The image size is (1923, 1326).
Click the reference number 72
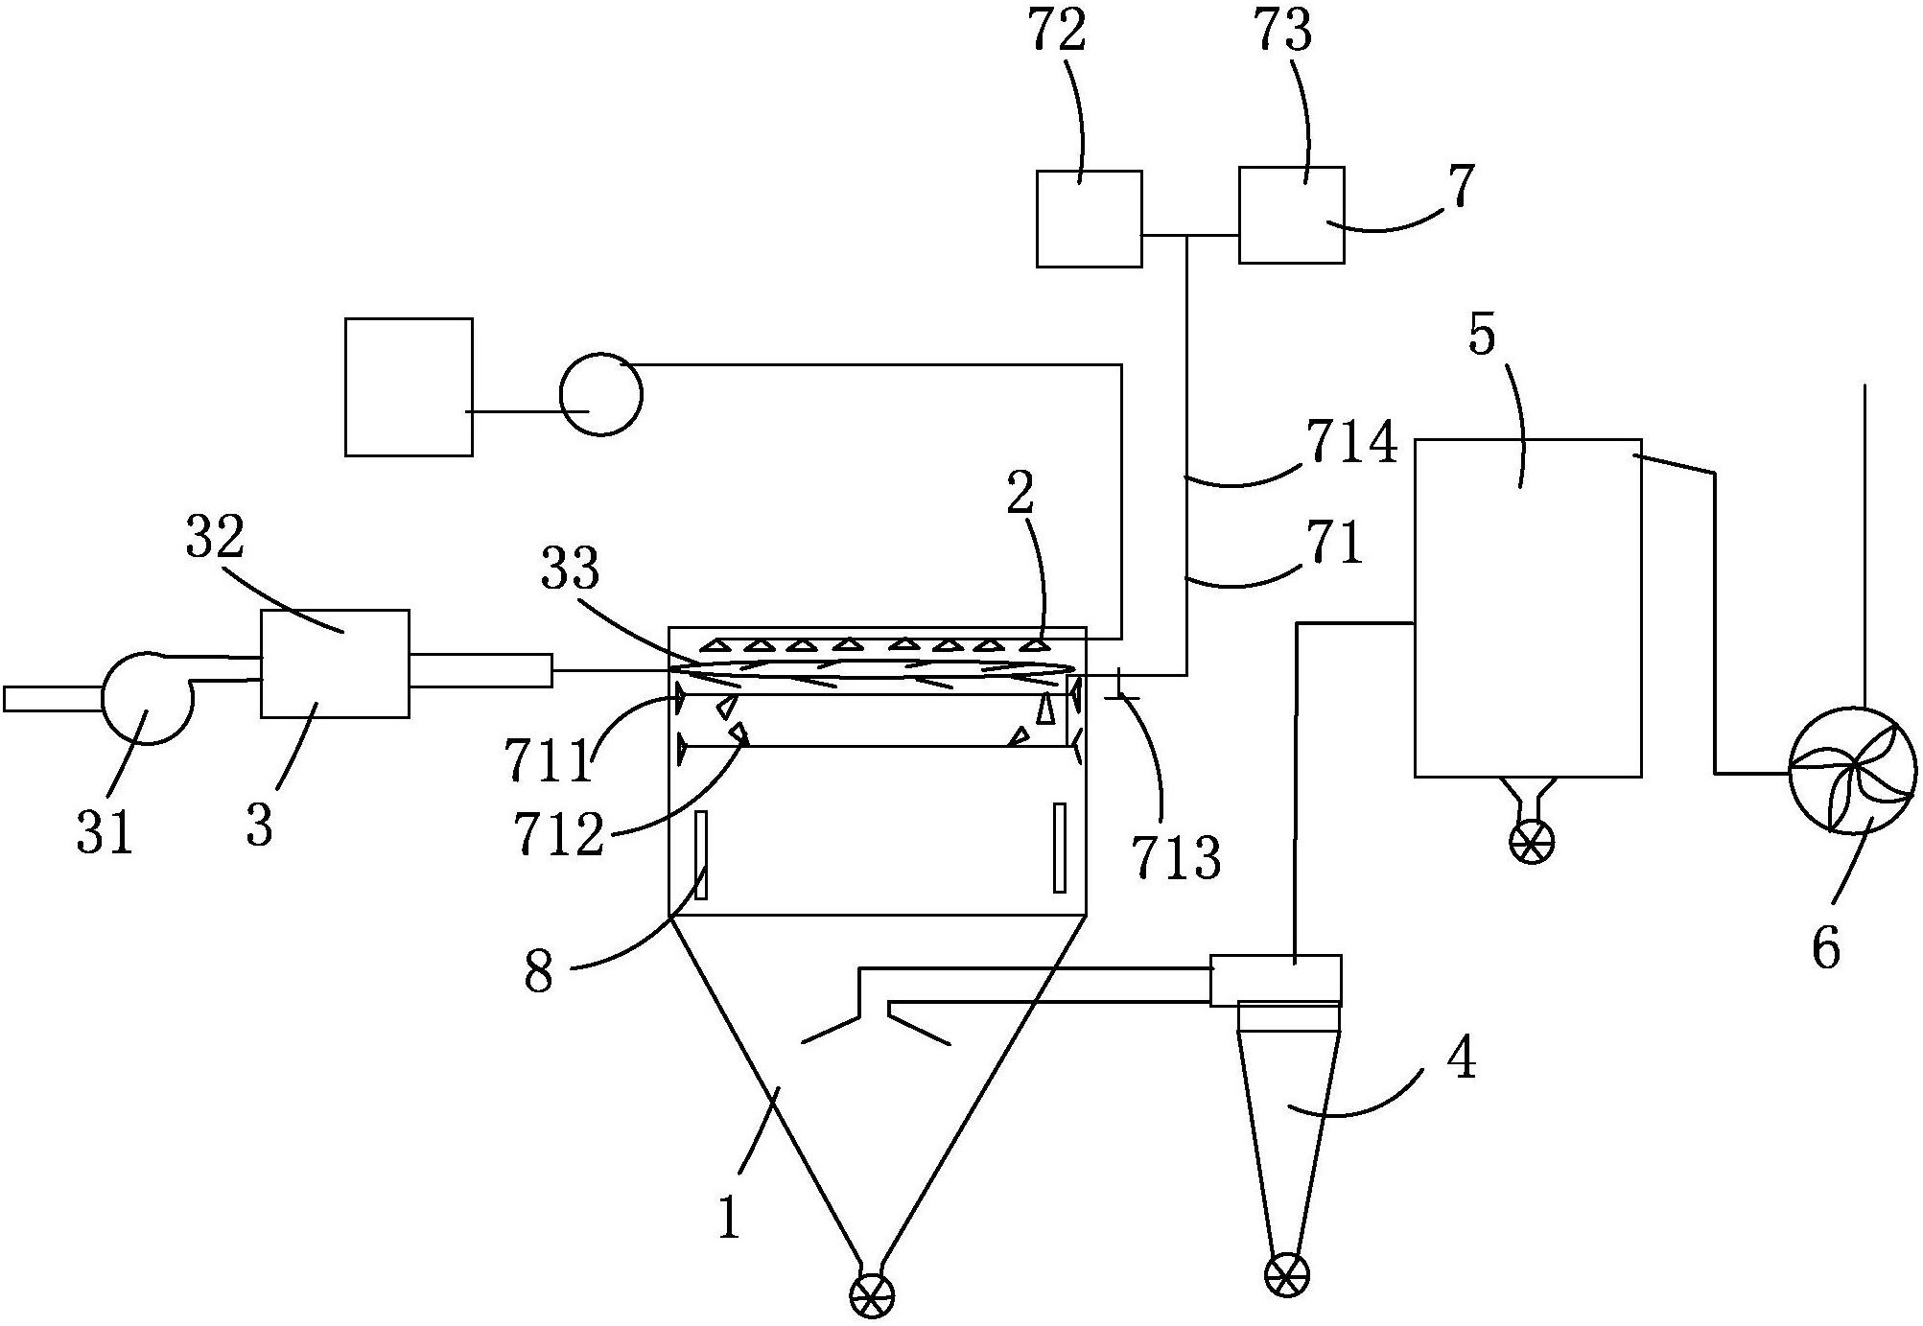pos(1058,32)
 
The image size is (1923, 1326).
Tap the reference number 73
pos(1282,32)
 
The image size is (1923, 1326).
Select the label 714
pos(1350,445)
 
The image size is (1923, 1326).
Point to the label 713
pos(1176,857)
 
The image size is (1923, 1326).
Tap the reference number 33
pos(570,569)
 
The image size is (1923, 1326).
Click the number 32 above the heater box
pos(216,538)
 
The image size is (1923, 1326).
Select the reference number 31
pos(104,831)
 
